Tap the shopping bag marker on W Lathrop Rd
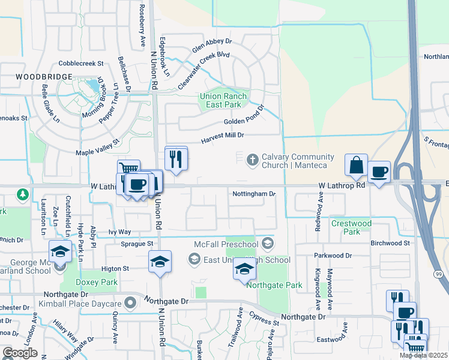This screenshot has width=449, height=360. tap(356, 165)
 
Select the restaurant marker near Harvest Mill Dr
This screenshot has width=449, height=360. tap(176, 159)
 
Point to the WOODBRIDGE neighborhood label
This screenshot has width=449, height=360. tap(44, 77)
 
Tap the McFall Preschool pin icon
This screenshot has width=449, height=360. tap(267, 243)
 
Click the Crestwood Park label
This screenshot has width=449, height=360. tap(352, 227)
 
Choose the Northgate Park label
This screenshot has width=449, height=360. tap(277, 286)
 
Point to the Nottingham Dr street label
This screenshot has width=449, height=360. tap(254, 194)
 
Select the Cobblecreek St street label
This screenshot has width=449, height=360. tap(82, 63)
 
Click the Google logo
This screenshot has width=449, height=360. tap(20, 353)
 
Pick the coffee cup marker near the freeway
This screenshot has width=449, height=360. tap(379, 172)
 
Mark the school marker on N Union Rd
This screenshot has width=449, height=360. tap(160, 262)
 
